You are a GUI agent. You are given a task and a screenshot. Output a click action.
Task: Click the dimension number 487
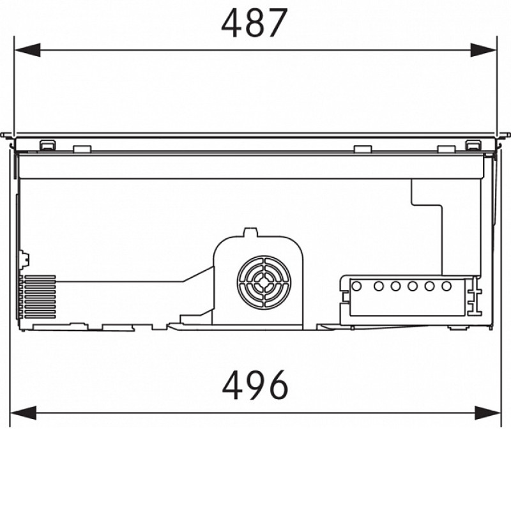[254, 23]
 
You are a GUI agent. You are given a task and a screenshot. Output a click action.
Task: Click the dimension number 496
[255, 386]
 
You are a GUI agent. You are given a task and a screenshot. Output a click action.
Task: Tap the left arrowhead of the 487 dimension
[27, 50]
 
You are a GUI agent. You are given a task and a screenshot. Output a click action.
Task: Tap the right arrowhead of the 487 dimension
[484, 50]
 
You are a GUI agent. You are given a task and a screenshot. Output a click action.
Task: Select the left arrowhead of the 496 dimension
[23, 413]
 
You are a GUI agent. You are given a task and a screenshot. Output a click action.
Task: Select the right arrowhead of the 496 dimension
[487, 413]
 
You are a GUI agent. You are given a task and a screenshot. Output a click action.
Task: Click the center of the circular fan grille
[264, 282]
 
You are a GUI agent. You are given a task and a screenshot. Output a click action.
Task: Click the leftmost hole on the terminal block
[357, 286]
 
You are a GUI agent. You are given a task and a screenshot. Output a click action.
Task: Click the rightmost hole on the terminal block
[446, 286]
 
